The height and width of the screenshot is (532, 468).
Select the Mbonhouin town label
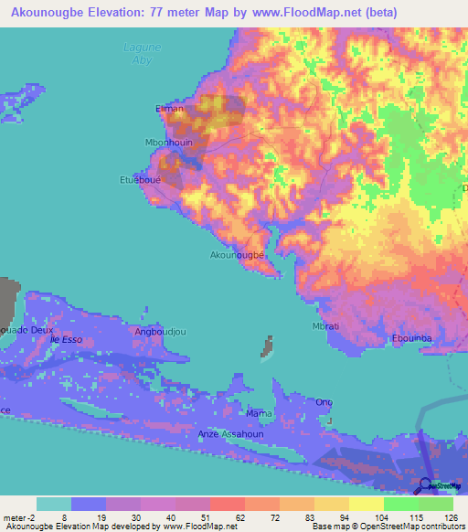click(x=167, y=143)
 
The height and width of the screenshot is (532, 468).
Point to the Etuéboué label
click(x=142, y=180)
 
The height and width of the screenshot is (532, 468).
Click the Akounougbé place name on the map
click(x=238, y=255)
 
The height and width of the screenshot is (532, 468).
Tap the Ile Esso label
click(x=67, y=339)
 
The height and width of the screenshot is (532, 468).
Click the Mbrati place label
click(x=326, y=326)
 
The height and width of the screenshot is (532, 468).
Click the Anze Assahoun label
click(x=229, y=434)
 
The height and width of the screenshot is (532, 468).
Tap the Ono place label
click(x=324, y=402)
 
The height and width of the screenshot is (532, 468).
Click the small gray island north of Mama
click(x=269, y=346)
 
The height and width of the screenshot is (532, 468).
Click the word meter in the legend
click(x=16, y=519)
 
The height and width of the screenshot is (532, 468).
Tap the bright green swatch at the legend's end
click(x=436, y=504)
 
